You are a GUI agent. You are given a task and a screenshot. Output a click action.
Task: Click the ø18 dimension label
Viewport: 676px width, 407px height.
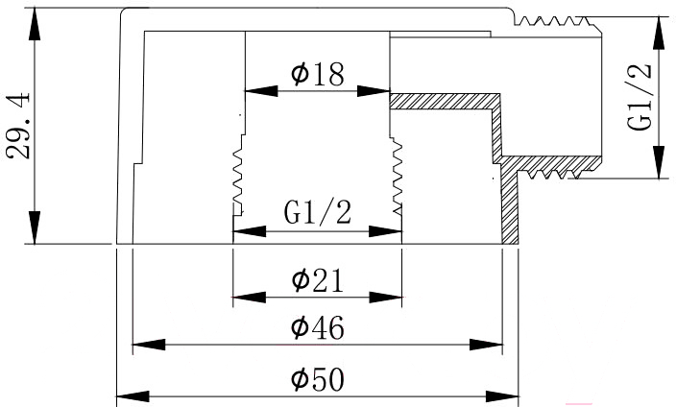coord(318,74)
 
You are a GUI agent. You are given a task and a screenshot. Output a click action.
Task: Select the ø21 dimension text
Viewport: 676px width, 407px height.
coord(318,280)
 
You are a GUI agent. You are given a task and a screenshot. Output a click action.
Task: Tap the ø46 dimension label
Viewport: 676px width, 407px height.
coord(318,327)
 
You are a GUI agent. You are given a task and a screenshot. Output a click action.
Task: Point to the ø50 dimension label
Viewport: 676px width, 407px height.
coord(318,379)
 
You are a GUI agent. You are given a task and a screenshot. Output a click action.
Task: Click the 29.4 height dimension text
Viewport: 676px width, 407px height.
coord(18,126)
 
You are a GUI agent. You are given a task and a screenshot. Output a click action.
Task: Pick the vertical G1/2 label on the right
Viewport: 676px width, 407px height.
coord(639,97)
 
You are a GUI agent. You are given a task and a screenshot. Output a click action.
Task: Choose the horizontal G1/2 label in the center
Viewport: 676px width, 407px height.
coord(318,212)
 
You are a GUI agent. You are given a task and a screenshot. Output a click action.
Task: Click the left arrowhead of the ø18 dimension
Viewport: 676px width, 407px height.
coord(261,91)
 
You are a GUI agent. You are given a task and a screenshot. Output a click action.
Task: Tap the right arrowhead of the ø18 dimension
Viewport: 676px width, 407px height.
coord(374,91)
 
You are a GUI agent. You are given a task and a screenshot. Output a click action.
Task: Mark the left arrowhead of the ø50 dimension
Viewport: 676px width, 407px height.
coord(133,396)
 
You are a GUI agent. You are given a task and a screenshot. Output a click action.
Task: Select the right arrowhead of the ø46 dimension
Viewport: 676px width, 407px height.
coord(486,345)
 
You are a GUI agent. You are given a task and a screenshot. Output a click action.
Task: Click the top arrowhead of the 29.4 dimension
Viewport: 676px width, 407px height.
coord(35,24)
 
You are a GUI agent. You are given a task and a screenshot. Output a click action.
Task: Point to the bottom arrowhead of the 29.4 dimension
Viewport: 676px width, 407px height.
coord(35,227)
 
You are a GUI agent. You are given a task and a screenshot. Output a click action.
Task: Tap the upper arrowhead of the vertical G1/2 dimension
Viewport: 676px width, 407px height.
coord(658,34)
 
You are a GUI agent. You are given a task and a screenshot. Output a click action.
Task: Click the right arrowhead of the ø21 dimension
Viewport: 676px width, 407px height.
coord(385,297)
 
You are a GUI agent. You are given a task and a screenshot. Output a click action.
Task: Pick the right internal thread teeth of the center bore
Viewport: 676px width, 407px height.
coord(397,176)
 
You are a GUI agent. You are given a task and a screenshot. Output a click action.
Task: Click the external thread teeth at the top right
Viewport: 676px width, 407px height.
coord(553,21)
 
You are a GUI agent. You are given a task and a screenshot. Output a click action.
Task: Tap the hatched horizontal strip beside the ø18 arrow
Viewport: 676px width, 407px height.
coord(444,102)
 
